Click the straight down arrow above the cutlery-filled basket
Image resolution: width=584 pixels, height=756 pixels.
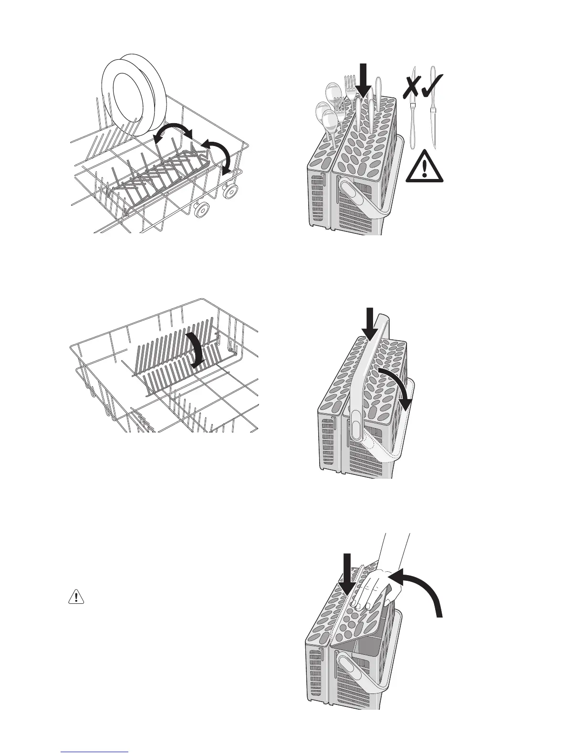click(364, 81)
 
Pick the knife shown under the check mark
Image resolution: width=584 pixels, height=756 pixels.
click(434, 119)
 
